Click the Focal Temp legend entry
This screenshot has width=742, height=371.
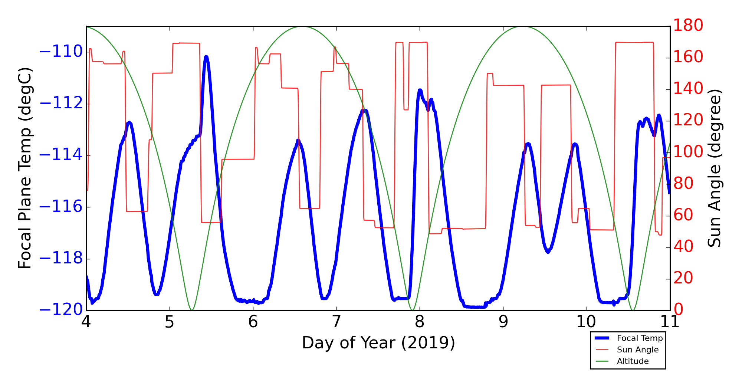[639, 338]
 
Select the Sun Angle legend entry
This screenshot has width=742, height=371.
[637, 349]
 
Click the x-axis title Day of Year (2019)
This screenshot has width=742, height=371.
[378, 343]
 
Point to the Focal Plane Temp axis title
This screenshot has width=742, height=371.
[25, 168]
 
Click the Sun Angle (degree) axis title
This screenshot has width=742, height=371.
[714, 168]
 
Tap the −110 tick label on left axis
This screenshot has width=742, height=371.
[61, 52]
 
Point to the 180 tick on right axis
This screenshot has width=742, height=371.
[688, 26]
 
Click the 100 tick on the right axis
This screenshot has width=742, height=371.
[688, 152]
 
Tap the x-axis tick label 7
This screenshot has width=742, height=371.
[336, 322]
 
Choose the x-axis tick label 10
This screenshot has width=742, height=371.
[586, 322]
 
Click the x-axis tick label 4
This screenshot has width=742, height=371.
[86, 322]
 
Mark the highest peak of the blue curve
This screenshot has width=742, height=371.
[206, 57]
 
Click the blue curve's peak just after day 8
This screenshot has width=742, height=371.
[420, 90]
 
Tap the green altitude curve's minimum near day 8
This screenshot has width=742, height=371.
[412, 310]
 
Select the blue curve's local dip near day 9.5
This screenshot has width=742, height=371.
[548, 252]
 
